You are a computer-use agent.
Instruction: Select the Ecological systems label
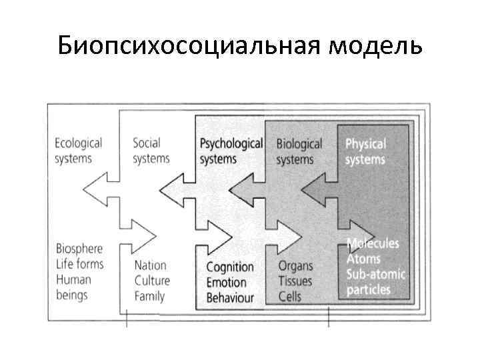(78, 151)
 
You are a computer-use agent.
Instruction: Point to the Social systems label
(151, 151)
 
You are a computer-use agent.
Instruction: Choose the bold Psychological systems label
(231, 151)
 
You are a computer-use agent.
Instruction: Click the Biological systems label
(299, 151)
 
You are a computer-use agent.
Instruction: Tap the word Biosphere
(79, 249)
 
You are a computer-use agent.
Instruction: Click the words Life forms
(80, 264)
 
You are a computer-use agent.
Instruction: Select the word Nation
(150, 265)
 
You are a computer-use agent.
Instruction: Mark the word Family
(149, 296)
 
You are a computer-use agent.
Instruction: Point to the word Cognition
(230, 267)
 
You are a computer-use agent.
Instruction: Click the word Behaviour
(230, 297)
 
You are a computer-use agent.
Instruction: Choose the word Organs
(295, 266)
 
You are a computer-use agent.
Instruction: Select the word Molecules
(373, 243)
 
